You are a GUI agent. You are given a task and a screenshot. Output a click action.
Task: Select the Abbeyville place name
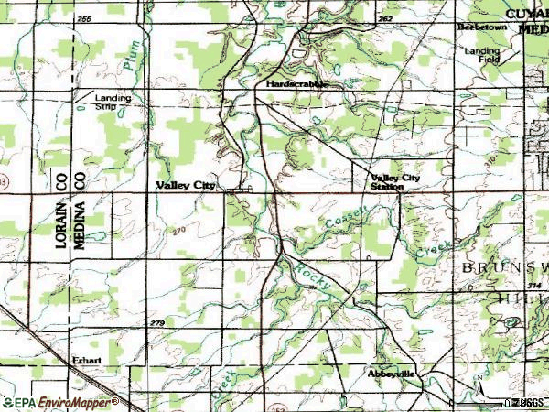[x=392, y=374]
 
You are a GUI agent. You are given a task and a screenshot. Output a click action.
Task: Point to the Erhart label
[x=87, y=360]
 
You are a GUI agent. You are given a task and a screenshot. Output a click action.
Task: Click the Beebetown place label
[x=482, y=27]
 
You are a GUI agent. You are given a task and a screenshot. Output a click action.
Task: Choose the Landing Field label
[x=481, y=56]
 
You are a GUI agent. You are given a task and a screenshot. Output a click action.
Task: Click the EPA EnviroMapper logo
[x=59, y=402]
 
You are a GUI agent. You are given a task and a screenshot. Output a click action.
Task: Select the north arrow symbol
[x=477, y=380]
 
